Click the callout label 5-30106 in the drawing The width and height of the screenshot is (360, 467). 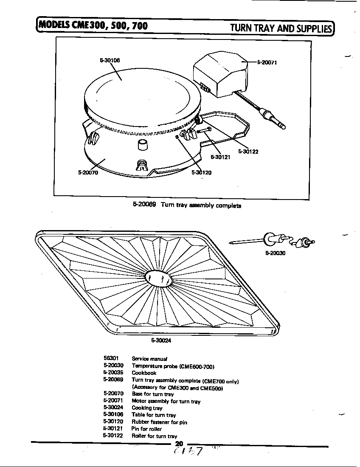click(x=110, y=60)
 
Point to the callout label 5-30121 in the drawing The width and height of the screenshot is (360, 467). click(x=220, y=157)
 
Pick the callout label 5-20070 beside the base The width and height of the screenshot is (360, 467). click(x=88, y=173)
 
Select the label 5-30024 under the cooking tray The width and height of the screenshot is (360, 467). click(x=161, y=340)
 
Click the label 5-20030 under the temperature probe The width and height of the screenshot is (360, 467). click(x=275, y=253)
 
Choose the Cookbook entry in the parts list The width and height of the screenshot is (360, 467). click(x=144, y=373)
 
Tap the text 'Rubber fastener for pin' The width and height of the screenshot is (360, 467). click(x=159, y=422)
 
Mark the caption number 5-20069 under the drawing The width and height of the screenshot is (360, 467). click(x=144, y=205)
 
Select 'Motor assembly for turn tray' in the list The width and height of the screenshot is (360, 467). click(x=166, y=401)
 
